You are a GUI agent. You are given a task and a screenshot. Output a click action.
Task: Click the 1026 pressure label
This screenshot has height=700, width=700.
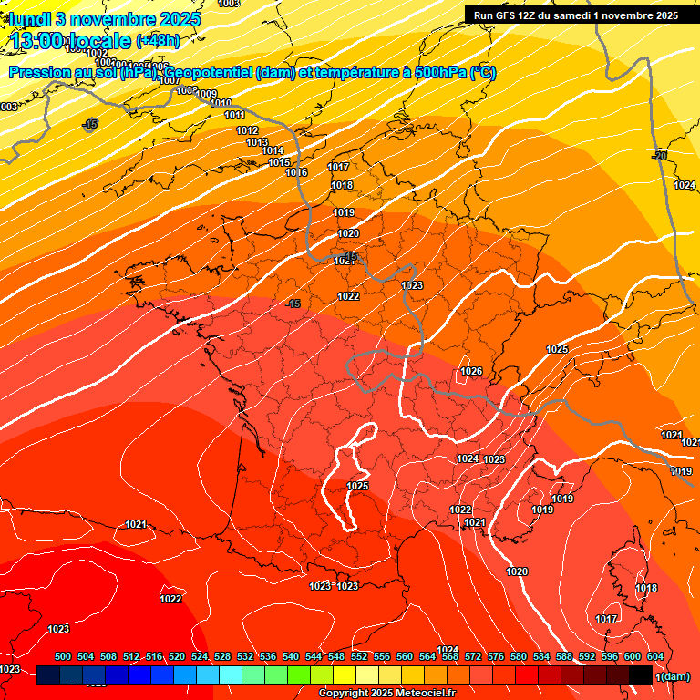471,371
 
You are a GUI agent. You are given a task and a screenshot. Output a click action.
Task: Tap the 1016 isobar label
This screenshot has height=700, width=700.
296,172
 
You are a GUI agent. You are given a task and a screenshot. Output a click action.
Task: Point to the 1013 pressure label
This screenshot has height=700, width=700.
257,143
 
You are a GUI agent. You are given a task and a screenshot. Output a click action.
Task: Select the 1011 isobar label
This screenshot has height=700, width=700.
234,116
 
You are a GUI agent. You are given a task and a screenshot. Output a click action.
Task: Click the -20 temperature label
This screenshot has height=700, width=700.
660,156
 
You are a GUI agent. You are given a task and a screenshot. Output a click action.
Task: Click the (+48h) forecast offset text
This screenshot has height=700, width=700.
158,40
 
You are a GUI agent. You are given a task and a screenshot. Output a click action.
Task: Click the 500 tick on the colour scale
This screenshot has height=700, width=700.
63,657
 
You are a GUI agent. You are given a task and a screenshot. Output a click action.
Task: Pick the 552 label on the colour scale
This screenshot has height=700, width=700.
359,657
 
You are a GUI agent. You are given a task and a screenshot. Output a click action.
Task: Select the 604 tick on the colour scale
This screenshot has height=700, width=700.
655,657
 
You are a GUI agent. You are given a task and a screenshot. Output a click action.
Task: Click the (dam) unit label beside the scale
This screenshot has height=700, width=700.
674,676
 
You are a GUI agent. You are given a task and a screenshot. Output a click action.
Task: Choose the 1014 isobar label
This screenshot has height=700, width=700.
273,151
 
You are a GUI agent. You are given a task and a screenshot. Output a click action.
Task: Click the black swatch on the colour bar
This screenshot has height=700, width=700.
640,675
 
